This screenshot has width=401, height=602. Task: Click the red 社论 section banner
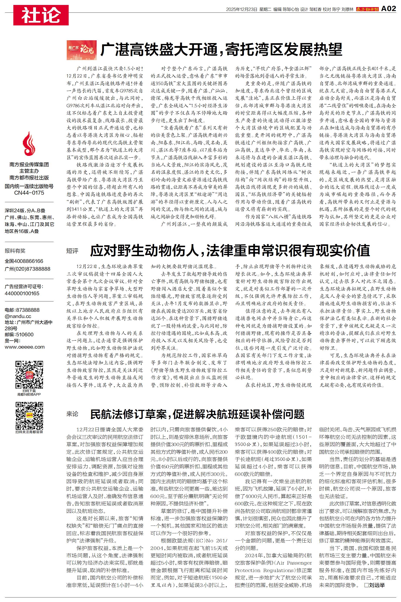(x=41, y=15)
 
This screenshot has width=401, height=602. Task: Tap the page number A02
(x=388, y=9)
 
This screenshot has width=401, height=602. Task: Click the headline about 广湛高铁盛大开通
(x=221, y=50)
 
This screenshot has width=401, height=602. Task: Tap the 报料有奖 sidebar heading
(x=15, y=251)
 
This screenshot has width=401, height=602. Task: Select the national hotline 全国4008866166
(x=24, y=261)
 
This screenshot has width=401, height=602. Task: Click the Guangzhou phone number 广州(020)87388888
(x=27, y=269)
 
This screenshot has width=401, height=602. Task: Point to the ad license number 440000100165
(x=22, y=293)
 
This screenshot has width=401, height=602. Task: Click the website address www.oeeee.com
(x=25, y=347)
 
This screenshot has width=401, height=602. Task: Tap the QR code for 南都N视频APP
(x=29, y=375)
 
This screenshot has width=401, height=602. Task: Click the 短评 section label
(x=72, y=251)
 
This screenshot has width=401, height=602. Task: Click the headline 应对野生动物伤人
(x=230, y=251)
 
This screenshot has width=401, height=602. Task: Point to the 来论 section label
(x=72, y=414)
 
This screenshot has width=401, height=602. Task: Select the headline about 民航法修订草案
(x=197, y=414)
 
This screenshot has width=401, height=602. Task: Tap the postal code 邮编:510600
(x=19, y=335)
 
